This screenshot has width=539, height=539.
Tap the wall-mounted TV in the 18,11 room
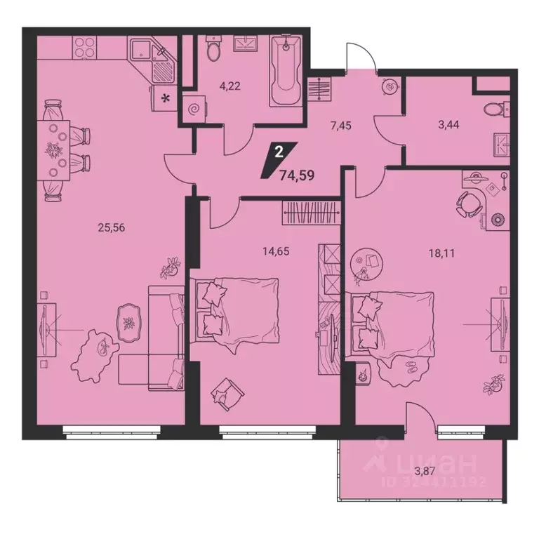[499, 322]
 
